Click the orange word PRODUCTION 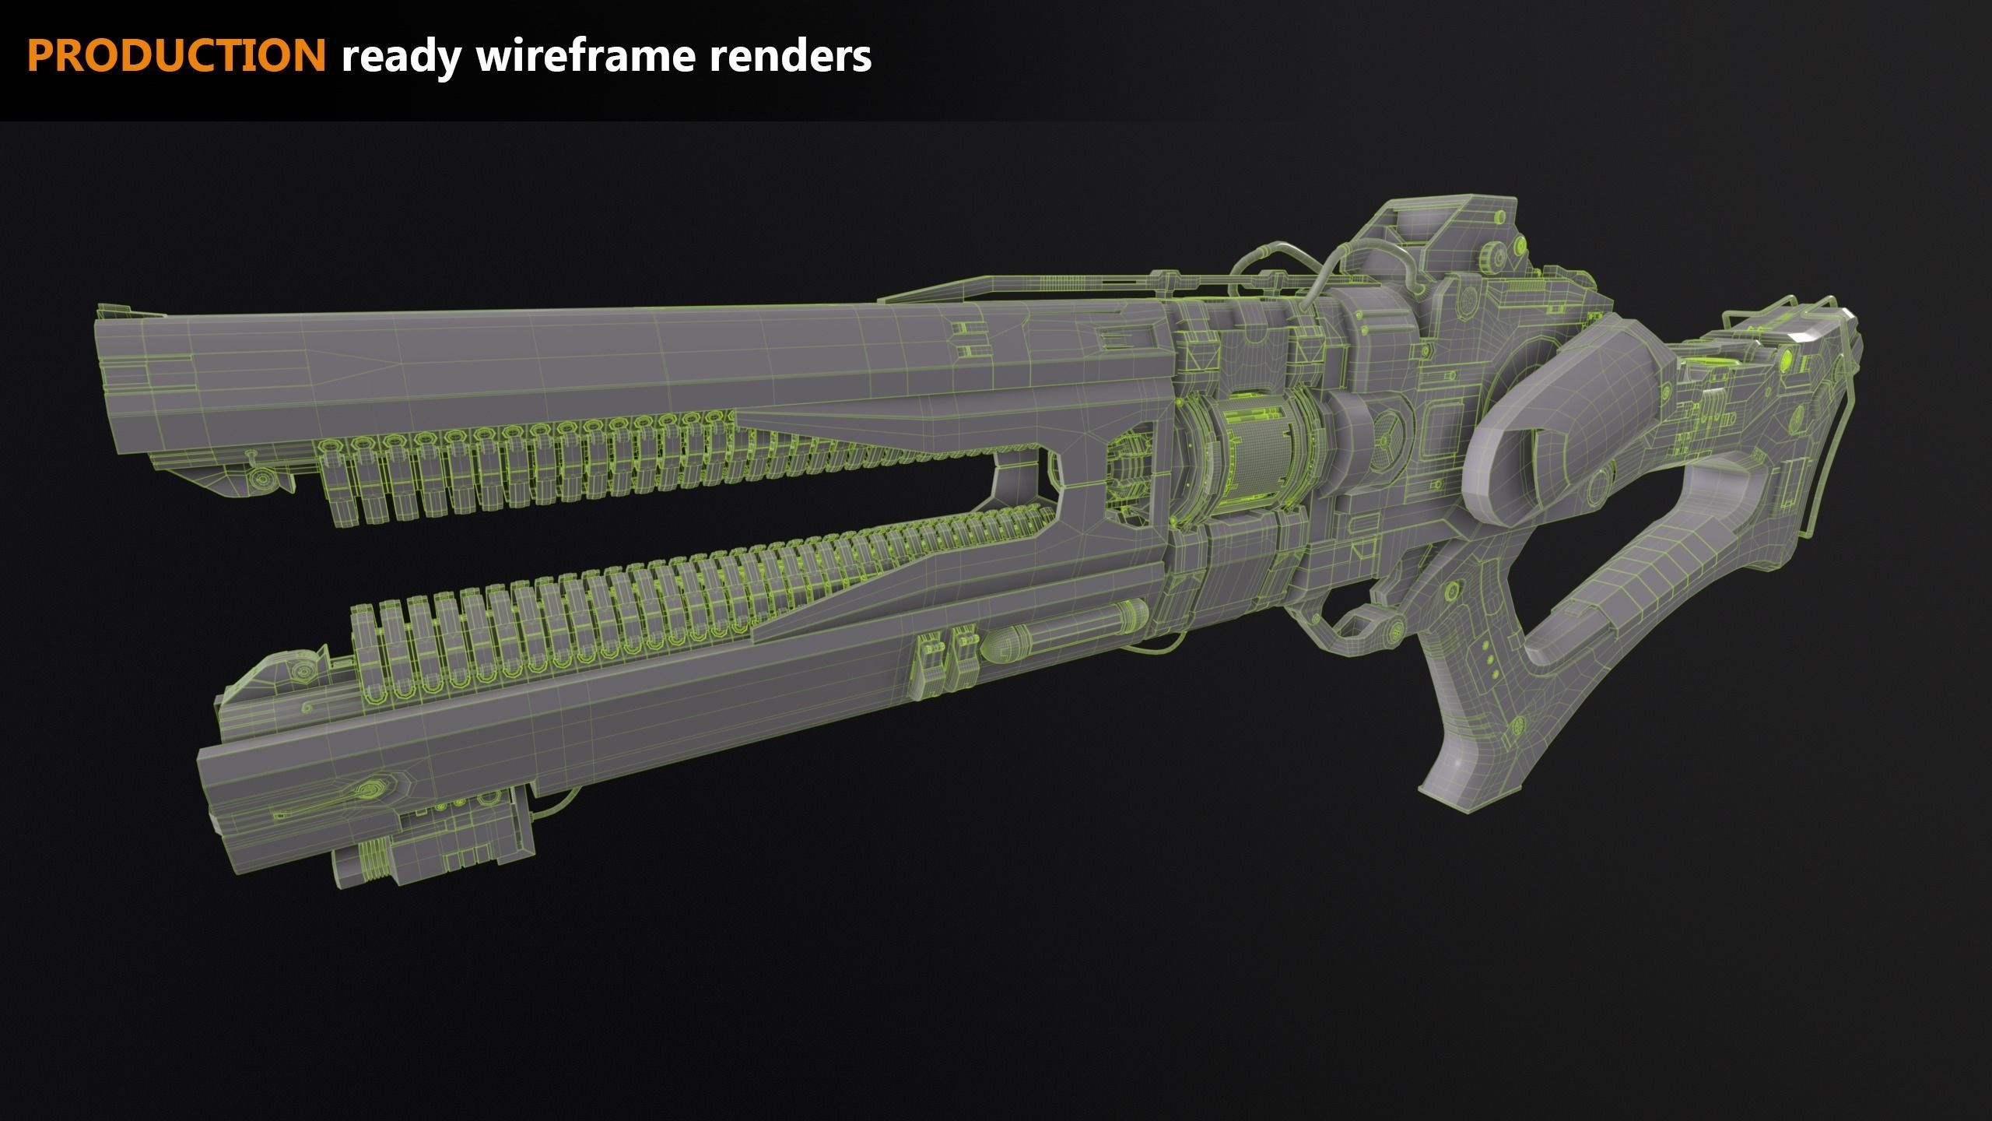(177, 56)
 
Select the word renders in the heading (791, 56)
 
